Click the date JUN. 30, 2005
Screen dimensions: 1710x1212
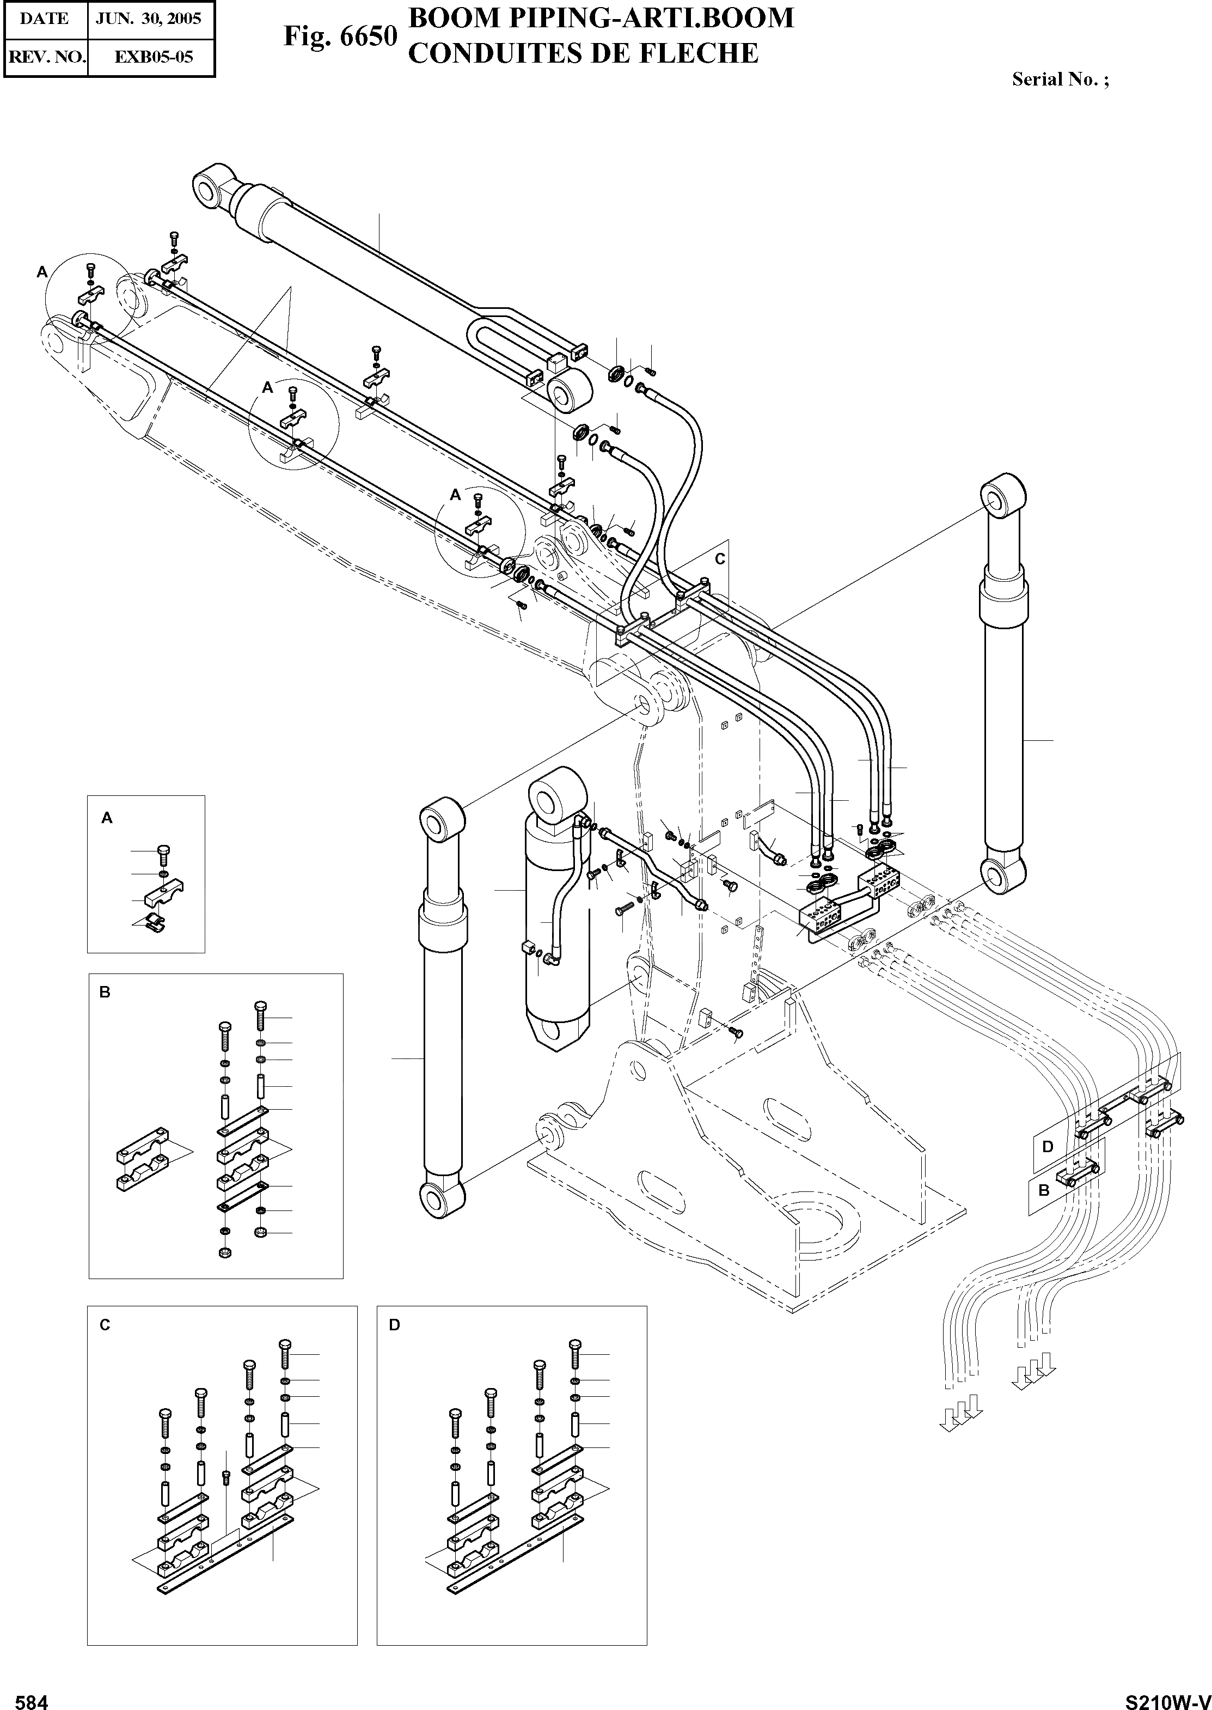[149, 19]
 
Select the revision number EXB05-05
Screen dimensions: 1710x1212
[153, 56]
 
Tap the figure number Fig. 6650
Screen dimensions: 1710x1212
[340, 36]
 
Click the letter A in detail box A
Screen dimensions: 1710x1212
[107, 818]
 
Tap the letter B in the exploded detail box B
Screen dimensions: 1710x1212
[105, 993]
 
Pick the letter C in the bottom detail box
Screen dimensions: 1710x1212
[105, 1325]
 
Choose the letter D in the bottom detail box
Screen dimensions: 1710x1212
[395, 1325]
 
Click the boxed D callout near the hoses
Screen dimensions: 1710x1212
[1047, 1146]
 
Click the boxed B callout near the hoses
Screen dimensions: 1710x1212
[1044, 1190]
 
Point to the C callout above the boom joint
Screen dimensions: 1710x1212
[719, 558]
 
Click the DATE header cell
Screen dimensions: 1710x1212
[44, 19]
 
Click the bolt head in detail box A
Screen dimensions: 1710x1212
[165, 850]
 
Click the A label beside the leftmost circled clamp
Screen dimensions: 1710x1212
[42, 272]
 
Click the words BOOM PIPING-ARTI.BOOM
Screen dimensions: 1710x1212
[601, 18]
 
